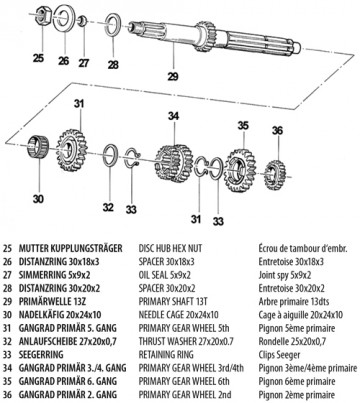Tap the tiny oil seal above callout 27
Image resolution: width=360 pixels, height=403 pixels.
(82, 22)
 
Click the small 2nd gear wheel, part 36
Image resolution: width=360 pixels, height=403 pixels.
(275, 175)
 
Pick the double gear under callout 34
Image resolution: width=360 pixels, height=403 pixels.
(174, 163)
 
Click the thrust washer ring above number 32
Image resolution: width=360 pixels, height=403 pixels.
(110, 155)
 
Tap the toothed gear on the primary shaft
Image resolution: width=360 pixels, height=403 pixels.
(205, 36)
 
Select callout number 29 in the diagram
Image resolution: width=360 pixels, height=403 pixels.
(173, 76)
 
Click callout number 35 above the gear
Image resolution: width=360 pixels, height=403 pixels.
(243, 126)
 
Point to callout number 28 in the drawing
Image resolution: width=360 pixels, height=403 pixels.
(113, 64)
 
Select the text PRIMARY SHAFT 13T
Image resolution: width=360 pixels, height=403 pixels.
(173, 301)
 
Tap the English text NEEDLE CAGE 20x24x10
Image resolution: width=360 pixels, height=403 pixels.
(179, 315)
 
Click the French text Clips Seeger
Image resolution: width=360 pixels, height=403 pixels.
(279, 355)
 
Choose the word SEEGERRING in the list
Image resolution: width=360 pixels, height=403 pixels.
(41, 355)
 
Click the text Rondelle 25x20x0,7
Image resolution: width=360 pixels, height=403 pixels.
(292, 341)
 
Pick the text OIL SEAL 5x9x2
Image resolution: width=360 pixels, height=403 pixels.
(165, 275)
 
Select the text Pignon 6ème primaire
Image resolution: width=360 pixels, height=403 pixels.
(297, 381)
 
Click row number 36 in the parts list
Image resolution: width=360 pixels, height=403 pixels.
(7, 395)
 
